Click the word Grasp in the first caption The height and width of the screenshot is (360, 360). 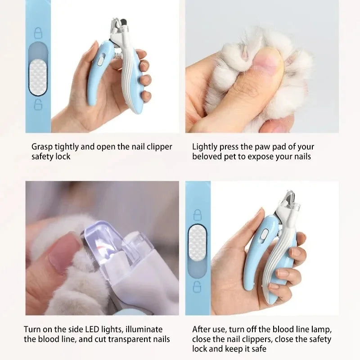pyautogui.click(x=42, y=147)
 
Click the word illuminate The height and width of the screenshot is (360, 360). pyautogui.click(x=145, y=330)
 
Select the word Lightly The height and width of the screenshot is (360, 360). pyautogui.click(x=205, y=147)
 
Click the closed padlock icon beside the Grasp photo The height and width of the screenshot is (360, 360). pyautogui.click(x=38, y=33)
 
